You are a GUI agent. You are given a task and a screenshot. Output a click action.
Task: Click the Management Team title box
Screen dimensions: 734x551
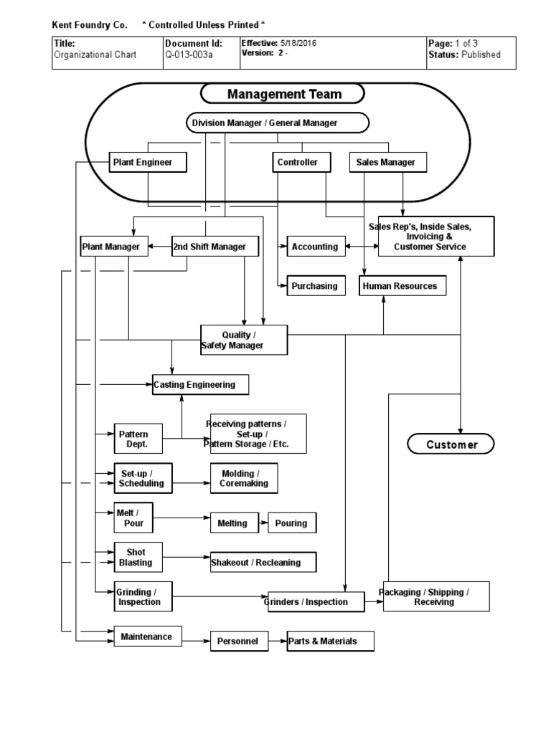click(283, 94)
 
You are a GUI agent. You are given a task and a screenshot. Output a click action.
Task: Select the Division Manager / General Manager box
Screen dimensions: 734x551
click(278, 123)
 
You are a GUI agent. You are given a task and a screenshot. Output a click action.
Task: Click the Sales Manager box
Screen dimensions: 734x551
click(385, 162)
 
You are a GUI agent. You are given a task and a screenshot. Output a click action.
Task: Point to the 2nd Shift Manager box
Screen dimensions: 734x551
click(209, 247)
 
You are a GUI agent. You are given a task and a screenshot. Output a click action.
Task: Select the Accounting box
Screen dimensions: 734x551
click(314, 247)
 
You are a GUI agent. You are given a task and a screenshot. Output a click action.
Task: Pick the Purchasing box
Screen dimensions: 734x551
click(314, 286)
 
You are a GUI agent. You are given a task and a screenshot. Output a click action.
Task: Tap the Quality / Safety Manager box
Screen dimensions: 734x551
click(244, 340)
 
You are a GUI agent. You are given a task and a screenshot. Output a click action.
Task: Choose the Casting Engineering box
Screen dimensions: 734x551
click(201, 385)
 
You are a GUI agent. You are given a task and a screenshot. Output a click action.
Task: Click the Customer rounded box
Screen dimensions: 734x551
click(451, 444)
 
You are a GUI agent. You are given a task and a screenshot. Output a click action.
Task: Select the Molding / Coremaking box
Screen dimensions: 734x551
click(244, 477)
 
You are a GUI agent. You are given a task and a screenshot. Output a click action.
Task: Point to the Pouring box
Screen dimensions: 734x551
click(291, 523)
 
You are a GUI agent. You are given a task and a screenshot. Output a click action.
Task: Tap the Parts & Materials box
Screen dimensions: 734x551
click(330, 641)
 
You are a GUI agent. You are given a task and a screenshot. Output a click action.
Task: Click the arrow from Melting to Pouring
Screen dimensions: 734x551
click(262, 523)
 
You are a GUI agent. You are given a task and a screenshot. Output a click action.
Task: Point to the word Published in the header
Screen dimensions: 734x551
click(481, 54)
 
